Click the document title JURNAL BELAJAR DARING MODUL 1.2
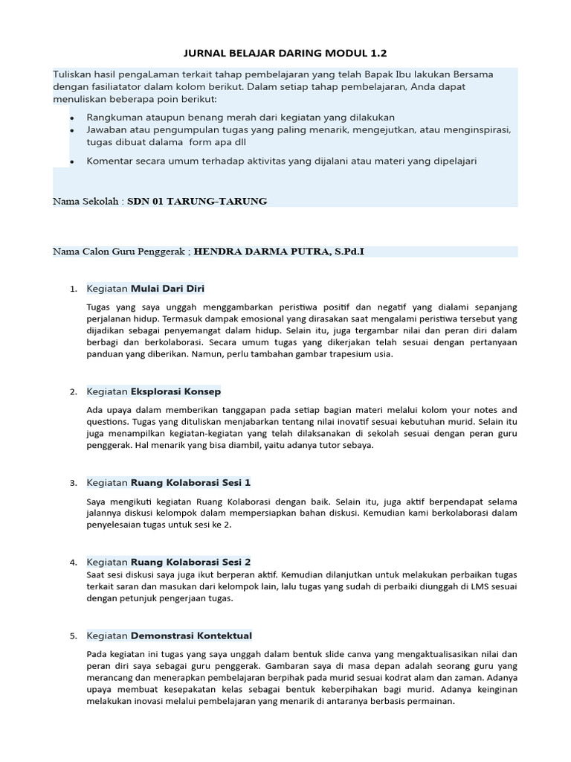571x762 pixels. [x=285, y=54]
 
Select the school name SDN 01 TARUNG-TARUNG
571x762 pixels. [x=197, y=201]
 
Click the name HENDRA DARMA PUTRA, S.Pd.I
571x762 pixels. [x=280, y=252]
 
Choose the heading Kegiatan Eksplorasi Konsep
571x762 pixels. [x=153, y=391]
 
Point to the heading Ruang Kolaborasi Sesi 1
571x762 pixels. [x=190, y=482]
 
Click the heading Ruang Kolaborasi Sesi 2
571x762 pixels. [x=190, y=561]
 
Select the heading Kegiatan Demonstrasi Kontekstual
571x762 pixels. [x=169, y=635]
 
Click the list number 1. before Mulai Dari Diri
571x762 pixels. [x=73, y=289]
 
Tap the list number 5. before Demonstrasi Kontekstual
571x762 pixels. [x=73, y=636]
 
